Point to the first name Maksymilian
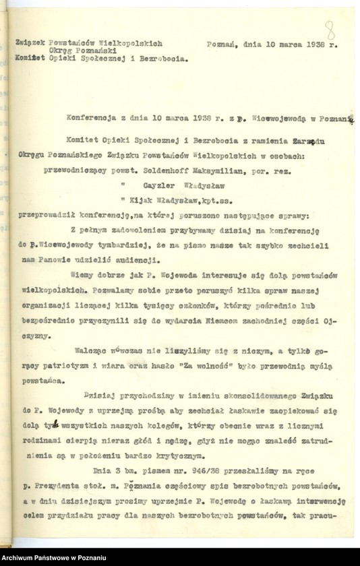[202, 171]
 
